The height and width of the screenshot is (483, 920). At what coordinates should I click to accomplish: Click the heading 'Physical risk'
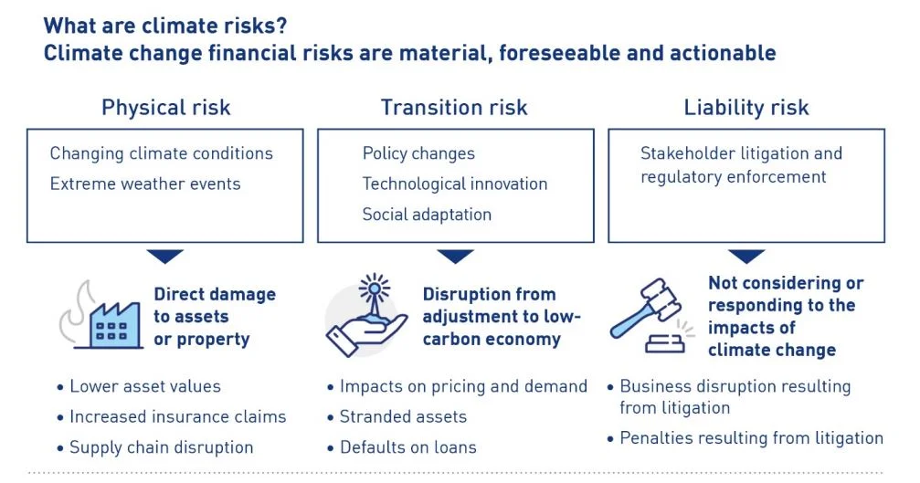click(x=165, y=108)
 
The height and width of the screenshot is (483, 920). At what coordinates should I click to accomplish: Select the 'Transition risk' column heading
click(x=454, y=108)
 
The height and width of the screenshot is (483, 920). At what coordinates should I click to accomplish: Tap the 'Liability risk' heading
click(x=746, y=108)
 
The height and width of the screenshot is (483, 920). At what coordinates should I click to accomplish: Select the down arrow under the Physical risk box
click(x=165, y=257)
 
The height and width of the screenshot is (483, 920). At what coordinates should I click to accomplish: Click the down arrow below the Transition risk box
click(x=454, y=257)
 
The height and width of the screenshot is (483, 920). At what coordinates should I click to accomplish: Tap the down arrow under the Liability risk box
click(x=746, y=257)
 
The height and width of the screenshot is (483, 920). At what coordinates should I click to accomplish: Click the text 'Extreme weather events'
click(x=145, y=184)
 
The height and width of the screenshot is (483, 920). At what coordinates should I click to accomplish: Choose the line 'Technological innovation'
click(x=455, y=184)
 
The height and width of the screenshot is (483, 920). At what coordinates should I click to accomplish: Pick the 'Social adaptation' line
click(x=427, y=215)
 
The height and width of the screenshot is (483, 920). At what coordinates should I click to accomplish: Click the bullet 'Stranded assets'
click(x=403, y=417)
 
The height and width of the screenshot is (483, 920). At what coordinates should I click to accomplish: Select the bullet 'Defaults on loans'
click(x=408, y=447)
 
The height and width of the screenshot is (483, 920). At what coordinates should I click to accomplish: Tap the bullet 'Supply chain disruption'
click(x=161, y=447)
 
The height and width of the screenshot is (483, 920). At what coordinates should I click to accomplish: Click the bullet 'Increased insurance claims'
click(x=177, y=417)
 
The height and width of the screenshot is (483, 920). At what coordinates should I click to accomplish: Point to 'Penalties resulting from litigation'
click(x=751, y=439)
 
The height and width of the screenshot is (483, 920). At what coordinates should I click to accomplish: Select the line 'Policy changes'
click(x=418, y=153)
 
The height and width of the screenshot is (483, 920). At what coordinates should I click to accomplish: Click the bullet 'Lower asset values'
click(x=145, y=386)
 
